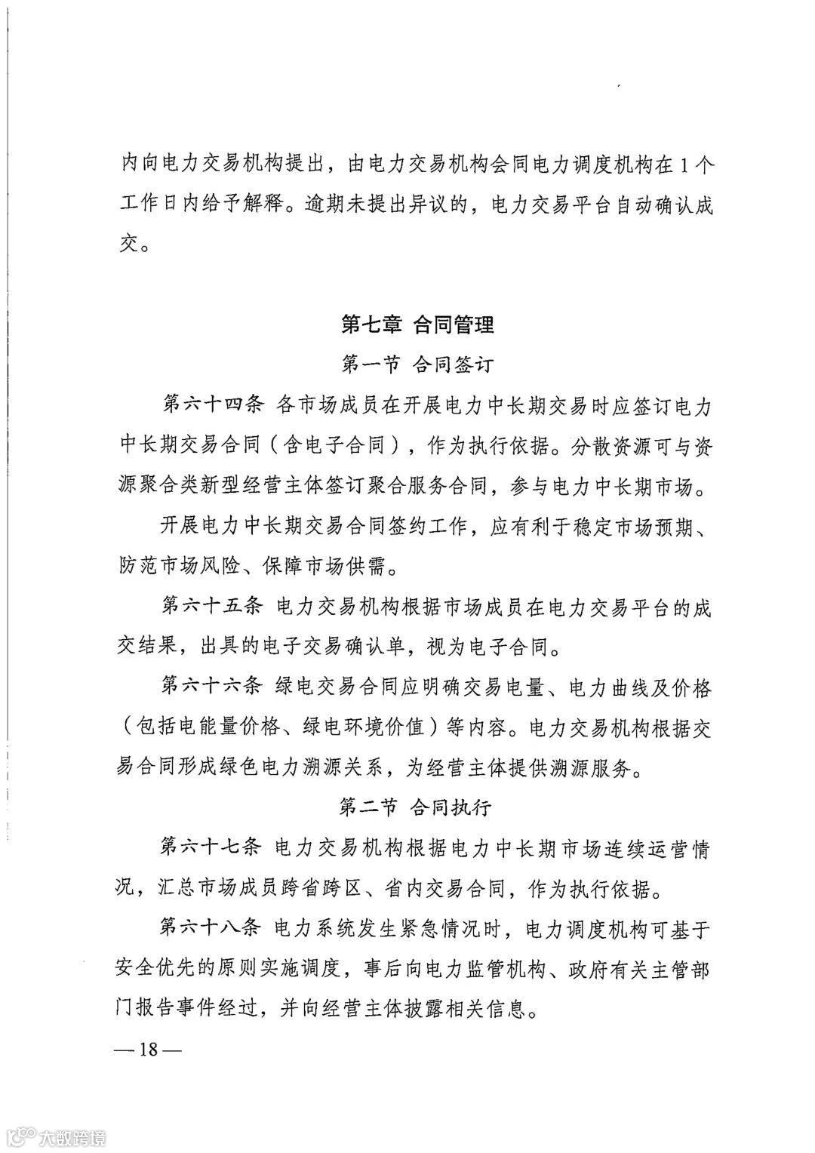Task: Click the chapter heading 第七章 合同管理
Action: coord(417,325)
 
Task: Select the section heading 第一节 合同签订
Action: coord(417,365)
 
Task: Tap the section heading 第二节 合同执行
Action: coord(416,807)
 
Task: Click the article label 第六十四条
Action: coord(212,405)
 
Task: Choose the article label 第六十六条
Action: coord(212,687)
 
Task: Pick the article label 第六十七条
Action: coord(212,848)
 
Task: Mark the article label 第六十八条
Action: coord(212,929)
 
